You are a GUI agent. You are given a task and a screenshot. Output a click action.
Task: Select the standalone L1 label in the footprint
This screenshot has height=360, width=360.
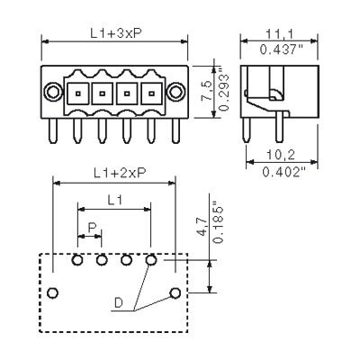pos(113,200)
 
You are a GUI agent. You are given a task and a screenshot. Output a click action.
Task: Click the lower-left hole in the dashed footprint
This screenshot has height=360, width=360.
pos(54,293)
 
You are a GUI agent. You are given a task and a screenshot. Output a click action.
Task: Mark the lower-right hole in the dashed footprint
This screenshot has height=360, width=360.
pos(175,293)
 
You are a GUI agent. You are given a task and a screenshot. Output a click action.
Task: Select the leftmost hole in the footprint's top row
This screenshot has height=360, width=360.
pos(78,261)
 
